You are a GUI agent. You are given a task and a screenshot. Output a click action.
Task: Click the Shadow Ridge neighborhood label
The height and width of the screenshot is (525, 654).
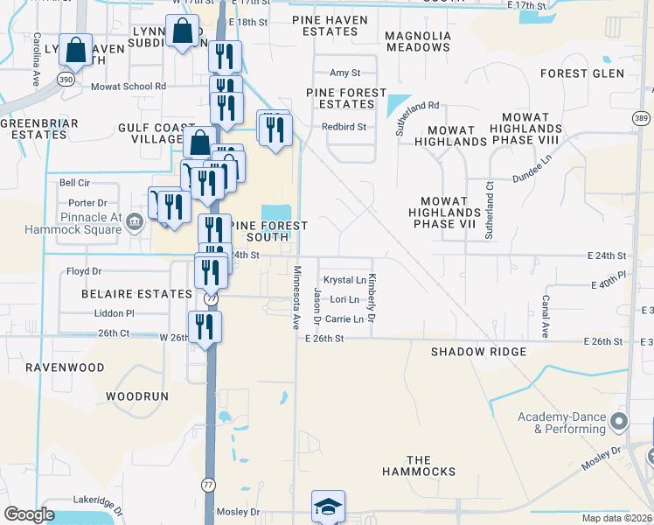[478, 352]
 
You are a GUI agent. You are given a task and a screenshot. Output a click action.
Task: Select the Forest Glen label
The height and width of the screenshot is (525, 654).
[581, 73]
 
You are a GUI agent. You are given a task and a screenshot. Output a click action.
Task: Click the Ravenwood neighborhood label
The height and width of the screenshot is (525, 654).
[65, 367]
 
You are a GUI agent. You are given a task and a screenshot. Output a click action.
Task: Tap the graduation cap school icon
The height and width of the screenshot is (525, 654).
[328, 506]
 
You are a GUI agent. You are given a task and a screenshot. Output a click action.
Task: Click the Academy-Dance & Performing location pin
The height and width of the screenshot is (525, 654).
[620, 423]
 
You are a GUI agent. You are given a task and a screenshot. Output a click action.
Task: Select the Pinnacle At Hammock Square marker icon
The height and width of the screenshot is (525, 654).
[134, 220]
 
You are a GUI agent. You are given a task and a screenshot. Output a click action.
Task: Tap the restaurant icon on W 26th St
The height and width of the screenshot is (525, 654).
[205, 327]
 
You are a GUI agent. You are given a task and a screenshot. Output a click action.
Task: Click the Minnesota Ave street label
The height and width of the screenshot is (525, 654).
[297, 298]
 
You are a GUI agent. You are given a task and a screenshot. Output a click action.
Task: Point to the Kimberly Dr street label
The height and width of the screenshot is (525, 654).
[372, 298]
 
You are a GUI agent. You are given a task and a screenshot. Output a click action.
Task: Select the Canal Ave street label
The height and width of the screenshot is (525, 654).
[544, 317]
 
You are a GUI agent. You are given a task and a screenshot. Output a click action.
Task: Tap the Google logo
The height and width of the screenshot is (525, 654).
[29, 514]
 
